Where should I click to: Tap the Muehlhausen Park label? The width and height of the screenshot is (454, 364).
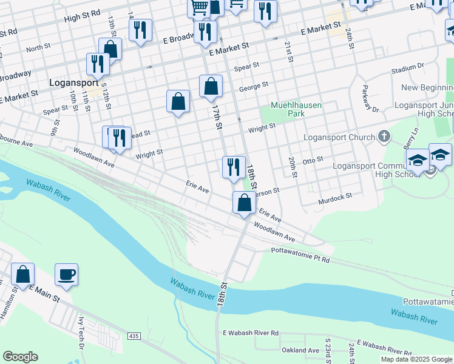point(296,109)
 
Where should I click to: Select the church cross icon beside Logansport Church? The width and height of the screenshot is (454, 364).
point(384,137)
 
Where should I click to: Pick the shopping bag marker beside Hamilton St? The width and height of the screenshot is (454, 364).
point(22,275)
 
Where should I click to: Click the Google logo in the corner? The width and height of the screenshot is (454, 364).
point(20,357)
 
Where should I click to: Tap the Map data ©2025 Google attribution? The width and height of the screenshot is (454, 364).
point(416,359)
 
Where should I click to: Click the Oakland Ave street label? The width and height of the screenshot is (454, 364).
point(300,350)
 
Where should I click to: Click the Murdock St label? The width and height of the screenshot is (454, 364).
point(335,198)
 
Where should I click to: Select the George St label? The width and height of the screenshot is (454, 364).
point(253,87)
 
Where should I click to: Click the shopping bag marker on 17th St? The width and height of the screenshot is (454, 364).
point(211,87)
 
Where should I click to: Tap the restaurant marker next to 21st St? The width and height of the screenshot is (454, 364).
point(265,12)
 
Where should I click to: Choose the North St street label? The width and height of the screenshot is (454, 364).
point(38,47)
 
